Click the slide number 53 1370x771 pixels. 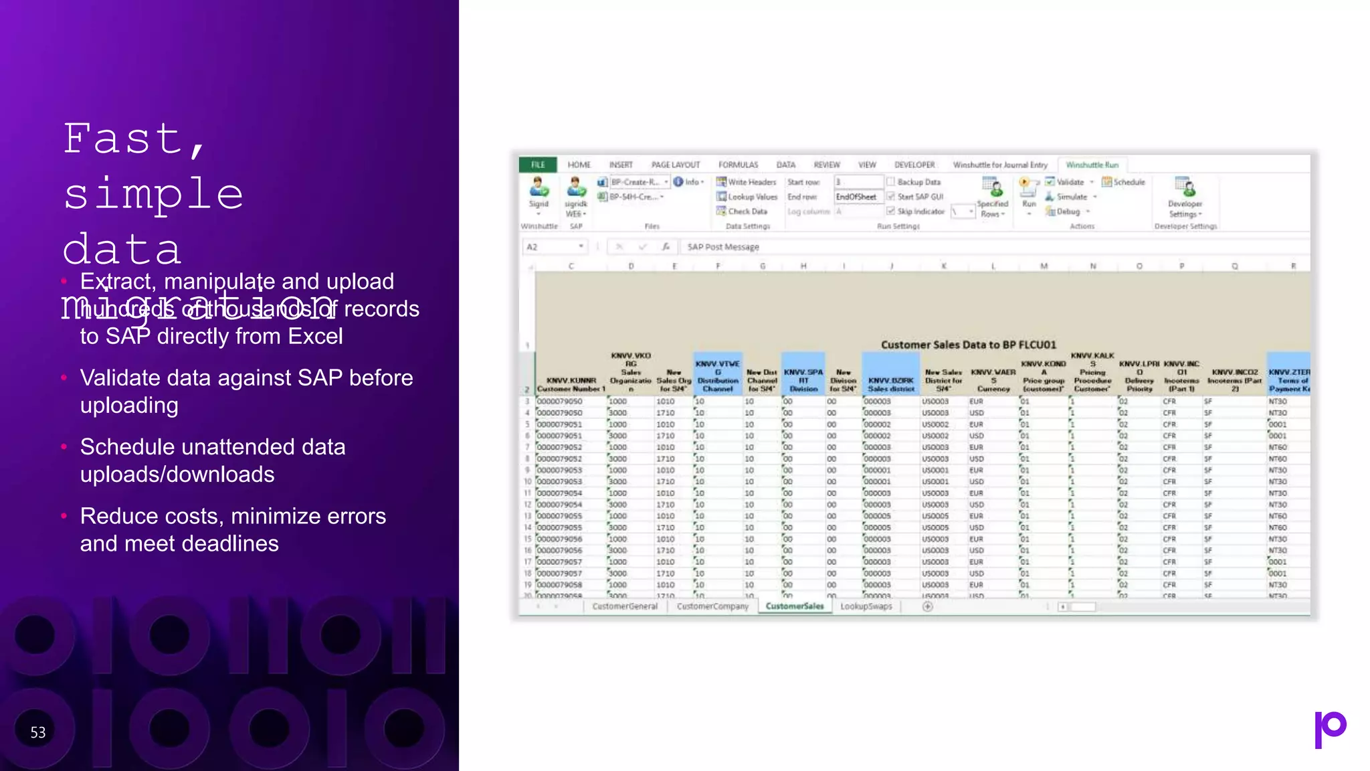click(38, 733)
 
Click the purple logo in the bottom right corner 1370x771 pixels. click(1330, 729)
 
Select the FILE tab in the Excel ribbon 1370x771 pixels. click(538, 165)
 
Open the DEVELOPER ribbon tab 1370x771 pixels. click(914, 165)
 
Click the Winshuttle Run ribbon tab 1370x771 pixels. click(1092, 165)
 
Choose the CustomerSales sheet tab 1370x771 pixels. click(795, 606)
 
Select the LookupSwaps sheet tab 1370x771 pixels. click(866, 606)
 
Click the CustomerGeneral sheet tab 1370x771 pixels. click(625, 606)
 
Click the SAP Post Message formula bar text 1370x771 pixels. click(723, 247)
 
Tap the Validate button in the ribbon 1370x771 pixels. click(1069, 182)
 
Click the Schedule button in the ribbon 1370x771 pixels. click(1129, 182)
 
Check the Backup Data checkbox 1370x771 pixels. click(891, 182)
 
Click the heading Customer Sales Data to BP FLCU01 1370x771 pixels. click(968, 345)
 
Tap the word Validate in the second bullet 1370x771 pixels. click(120, 378)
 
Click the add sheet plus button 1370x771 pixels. click(927, 606)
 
